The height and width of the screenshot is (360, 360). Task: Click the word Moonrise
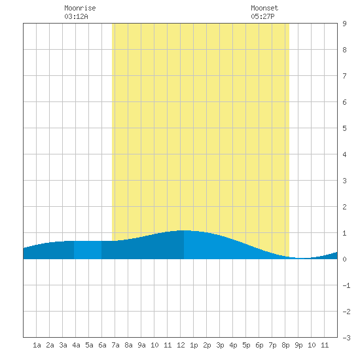(80, 8)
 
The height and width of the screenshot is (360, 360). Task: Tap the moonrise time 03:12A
(76, 16)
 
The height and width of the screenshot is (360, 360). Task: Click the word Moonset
(264, 8)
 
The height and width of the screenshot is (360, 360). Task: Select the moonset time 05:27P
(262, 16)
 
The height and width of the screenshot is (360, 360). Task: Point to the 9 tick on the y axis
(344, 24)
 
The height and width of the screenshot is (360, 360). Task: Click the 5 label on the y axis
(344, 128)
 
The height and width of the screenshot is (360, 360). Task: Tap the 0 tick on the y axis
(344, 259)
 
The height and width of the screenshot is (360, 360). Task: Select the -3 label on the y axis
(346, 338)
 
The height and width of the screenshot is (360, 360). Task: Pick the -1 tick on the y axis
(346, 285)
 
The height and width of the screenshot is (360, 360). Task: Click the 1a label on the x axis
(37, 345)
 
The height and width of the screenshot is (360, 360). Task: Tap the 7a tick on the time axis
(115, 345)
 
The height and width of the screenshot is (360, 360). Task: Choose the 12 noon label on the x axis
(181, 345)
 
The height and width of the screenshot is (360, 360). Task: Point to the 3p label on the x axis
(220, 345)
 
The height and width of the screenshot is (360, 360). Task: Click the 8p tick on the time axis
(285, 345)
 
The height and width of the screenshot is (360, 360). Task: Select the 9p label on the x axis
(298, 345)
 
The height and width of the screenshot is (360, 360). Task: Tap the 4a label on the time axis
(76, 345)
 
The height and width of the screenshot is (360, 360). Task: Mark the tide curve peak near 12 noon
(185, 230)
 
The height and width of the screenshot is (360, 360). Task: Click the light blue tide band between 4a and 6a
(88, 250)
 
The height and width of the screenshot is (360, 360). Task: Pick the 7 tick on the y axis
(344, 76)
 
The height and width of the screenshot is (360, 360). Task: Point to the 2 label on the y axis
(344, 207)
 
